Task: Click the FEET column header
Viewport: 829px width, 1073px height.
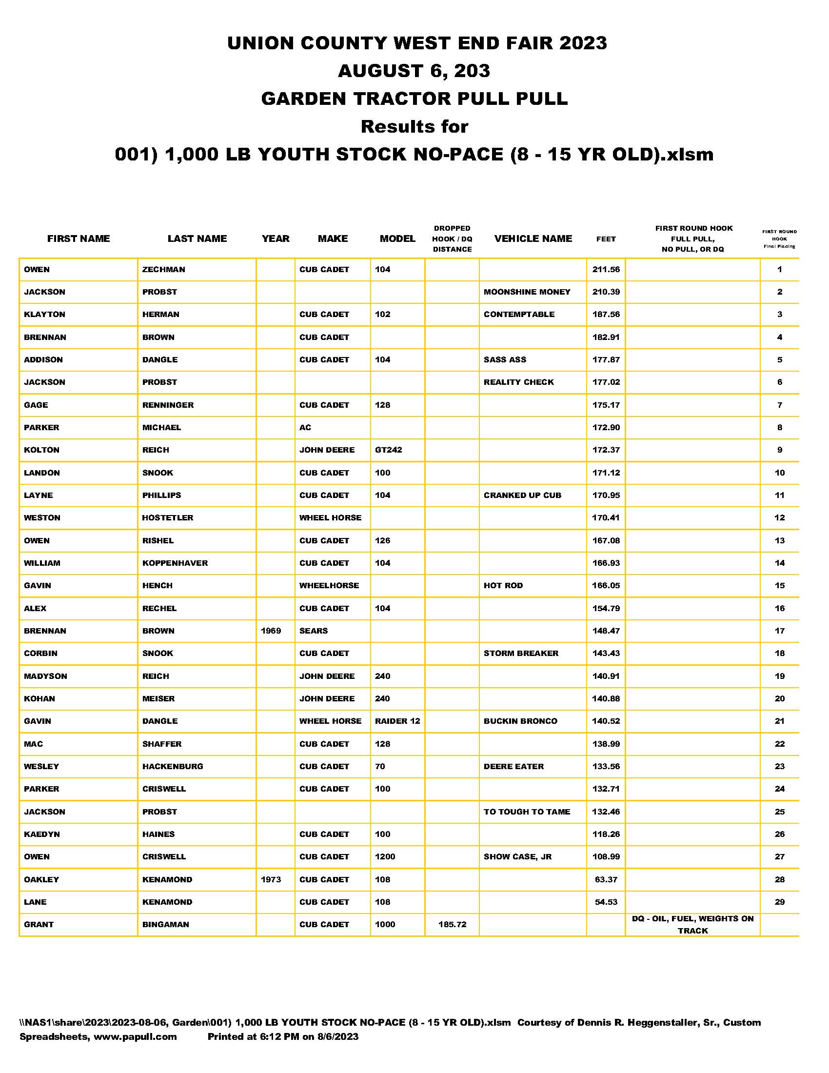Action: click(606, 239)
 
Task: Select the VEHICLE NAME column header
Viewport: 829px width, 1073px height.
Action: click(533, 239)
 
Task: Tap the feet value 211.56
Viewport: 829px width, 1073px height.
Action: click(606, 269)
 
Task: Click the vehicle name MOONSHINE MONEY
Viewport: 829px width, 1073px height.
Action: click(527, 292)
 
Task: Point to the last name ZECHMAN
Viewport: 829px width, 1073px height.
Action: click(163, 269)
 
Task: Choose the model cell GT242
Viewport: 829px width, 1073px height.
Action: click(388, 450)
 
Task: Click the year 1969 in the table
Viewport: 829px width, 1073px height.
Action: click(271, 630)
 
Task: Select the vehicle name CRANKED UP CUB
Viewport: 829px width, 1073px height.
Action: click(522, 495)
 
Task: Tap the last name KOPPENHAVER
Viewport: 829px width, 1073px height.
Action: click(175, 563)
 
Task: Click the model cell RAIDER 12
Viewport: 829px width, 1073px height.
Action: click(397, 721)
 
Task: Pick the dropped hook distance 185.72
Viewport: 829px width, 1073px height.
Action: click(452, 924)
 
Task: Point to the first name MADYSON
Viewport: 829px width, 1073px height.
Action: click(46, 676)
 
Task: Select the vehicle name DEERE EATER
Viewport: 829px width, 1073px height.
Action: click(513, 766)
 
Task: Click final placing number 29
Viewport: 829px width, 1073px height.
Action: click(779, 902)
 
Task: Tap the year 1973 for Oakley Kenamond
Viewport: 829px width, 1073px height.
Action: click(271, 879)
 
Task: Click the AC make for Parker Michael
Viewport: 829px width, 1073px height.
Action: click(305, 427)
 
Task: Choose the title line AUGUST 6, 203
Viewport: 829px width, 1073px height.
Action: click(414, 71)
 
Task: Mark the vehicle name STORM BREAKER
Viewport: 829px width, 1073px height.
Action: click(521, 653)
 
